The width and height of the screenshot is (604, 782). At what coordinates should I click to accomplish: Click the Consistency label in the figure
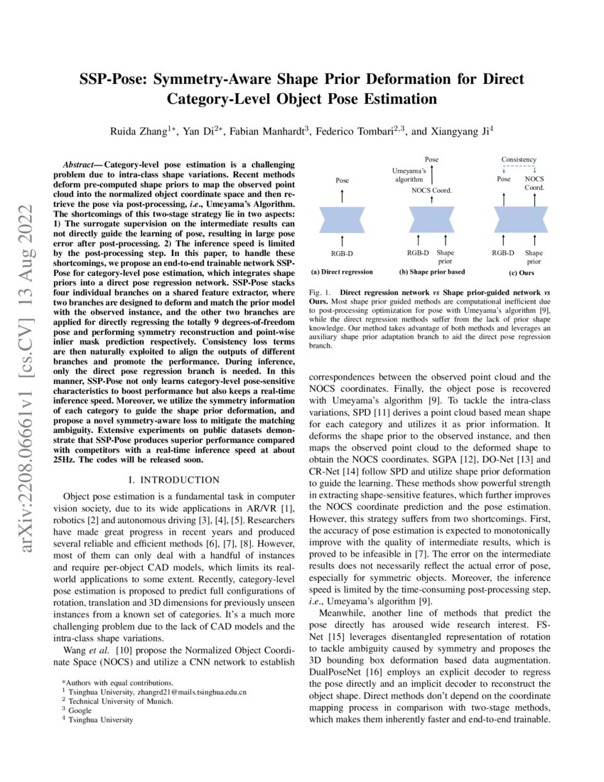coord(519,159)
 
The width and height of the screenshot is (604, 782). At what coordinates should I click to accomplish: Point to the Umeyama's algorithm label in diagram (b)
coord(411,176)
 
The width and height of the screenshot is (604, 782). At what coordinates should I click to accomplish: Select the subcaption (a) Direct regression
coord(342,272)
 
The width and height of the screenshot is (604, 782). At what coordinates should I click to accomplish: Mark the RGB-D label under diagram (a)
coord(342,252)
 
